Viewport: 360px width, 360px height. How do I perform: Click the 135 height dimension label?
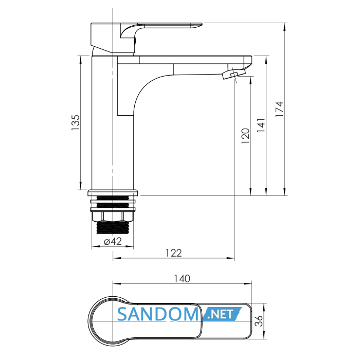(x=76, y=122)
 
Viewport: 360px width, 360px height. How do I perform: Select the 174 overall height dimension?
(x=279, y=109)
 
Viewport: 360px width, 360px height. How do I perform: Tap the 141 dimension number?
(x=261, y=125)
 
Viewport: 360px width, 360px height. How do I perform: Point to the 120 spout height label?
(x=245, y=136)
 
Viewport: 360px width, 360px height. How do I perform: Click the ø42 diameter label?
(x=113, y=241)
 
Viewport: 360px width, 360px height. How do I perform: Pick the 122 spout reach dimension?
(x=174, y=253)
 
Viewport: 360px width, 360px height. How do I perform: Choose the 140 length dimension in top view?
(x=182, y=279)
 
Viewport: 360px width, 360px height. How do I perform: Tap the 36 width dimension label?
(x=259, y=320)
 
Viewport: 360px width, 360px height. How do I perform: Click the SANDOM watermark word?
(x=158, y=314)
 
